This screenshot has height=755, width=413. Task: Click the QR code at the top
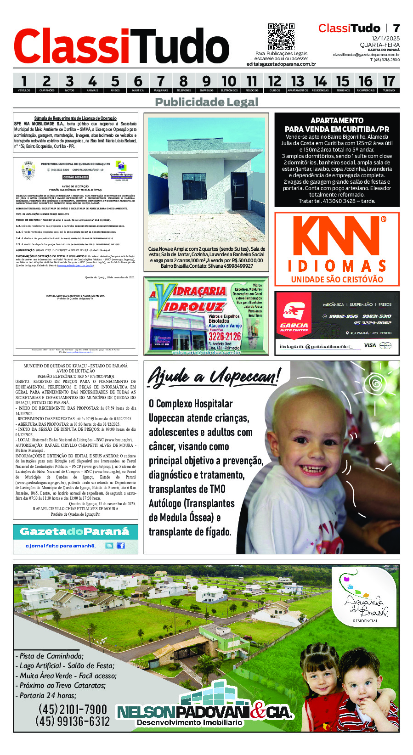tap(281, 37)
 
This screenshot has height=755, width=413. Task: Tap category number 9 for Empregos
tap(206, 82)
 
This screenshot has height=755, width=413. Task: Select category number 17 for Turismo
tap(389, 82)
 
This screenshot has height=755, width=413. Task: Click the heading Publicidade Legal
tap(206, 102)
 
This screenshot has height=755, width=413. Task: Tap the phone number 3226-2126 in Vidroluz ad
tap(225, 336)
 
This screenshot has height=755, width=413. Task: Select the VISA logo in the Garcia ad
tap(369, 345)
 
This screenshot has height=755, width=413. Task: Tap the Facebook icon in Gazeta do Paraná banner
tap(121, 546)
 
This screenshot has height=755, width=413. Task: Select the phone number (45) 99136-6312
tap(73, 721)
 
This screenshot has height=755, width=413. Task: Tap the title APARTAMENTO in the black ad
tap(337, 120)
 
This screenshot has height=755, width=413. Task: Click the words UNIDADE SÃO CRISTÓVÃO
tap(337, 279)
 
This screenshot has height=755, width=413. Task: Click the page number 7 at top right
tap(396, 28)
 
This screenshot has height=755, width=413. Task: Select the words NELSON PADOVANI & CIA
tap(204, 712)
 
